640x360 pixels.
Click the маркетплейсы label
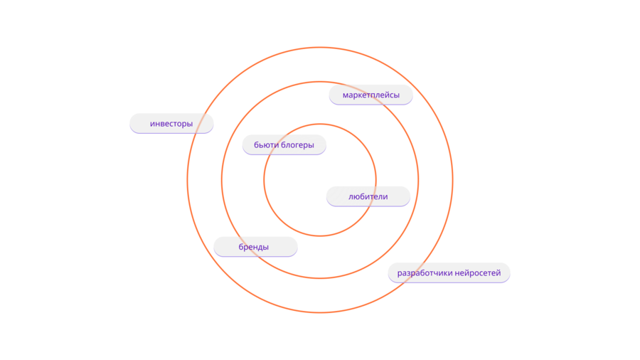370,95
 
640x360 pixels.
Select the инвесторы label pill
171,123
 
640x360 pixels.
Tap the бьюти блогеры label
284,144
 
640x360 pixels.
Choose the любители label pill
368,196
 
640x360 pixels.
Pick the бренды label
255,247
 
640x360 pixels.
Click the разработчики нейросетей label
449,272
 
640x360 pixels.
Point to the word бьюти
266,144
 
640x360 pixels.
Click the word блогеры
297,144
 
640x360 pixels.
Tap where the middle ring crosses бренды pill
248,247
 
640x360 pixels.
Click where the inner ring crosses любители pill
374,196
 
